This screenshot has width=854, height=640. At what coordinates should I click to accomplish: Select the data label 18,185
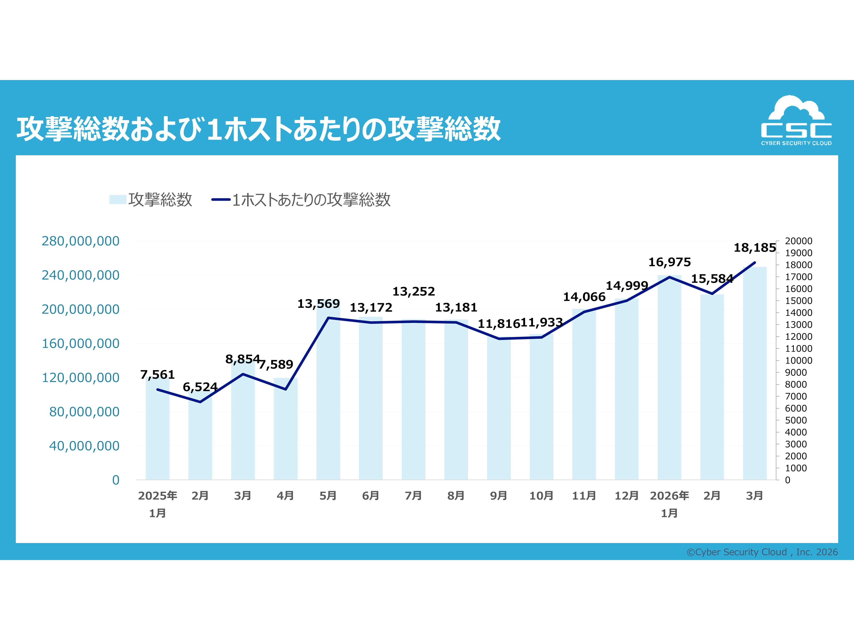click(754, 248)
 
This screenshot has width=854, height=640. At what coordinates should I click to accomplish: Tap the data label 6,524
click(200, 387)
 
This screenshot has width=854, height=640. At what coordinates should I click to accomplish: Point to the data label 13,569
click(318, 304)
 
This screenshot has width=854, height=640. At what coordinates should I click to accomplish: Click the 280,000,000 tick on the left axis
click(81, 241)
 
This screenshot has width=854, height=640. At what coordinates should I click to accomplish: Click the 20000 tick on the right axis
click(798, 241)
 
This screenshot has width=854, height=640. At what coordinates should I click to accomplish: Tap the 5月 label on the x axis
click(328, 496)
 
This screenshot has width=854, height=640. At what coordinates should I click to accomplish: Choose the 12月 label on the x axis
click(626, 496)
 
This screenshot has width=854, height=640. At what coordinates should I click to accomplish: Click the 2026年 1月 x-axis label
click(669, 504)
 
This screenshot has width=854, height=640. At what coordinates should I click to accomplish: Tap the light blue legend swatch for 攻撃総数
click(118, 200)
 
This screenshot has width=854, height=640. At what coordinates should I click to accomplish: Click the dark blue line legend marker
click(221, 200)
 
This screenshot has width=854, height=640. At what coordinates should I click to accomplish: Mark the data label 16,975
click(669, 262)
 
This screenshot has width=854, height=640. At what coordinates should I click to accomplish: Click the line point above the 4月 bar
click(286, 389)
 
